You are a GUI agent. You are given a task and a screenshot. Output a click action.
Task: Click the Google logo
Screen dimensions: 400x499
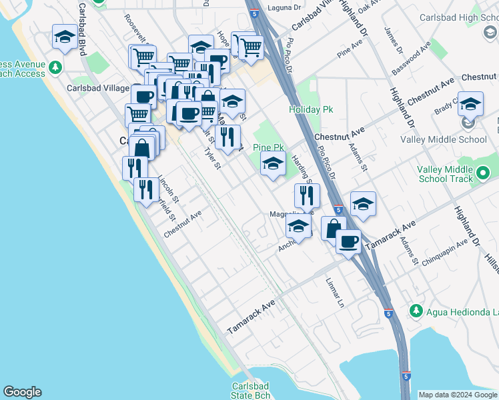coord(22,392)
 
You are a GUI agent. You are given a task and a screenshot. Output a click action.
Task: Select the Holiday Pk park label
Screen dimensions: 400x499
coord(310,109)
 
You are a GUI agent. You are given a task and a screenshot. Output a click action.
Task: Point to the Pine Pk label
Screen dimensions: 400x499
coord(269,147)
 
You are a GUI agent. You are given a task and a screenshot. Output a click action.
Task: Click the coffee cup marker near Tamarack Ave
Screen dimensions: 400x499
coord(348,241)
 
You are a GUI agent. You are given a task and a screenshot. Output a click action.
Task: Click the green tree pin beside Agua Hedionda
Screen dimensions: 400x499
coord(416,311)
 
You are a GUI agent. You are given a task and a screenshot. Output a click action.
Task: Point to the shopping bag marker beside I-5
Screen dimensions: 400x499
coord(333,229)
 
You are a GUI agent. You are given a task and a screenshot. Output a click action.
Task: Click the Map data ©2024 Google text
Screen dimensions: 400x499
coord(458,395)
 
